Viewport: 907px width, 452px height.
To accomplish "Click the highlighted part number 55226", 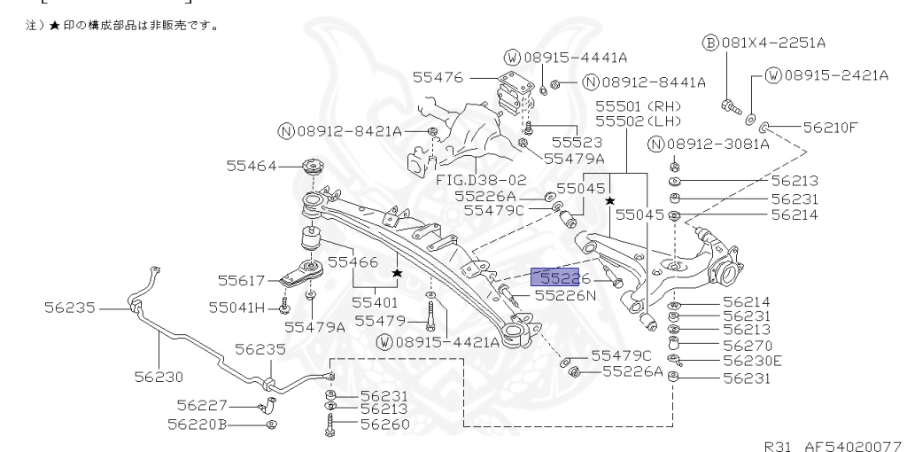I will (x=554, y=278).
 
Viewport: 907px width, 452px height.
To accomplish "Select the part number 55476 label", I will (x=438, y=78).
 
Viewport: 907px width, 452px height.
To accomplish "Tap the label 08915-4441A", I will (x=574, y=58).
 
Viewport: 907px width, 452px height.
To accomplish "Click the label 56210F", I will (x=830, y=127).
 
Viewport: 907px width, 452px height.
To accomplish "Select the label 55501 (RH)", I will (x=635, y=105).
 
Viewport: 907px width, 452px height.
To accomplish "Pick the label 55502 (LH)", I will (x=635, y=120).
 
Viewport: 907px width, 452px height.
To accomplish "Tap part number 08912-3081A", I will (x=721, y=144).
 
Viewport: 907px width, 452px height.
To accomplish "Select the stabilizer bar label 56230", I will (x=160, y=376).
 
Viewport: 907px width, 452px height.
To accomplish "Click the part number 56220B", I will (x=197, y=425).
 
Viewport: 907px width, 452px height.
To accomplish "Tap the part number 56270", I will (x=747, y=345).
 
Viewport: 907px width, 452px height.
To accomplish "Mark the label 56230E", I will (x=752, y=361).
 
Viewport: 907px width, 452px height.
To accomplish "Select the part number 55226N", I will (x=565, y=294).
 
